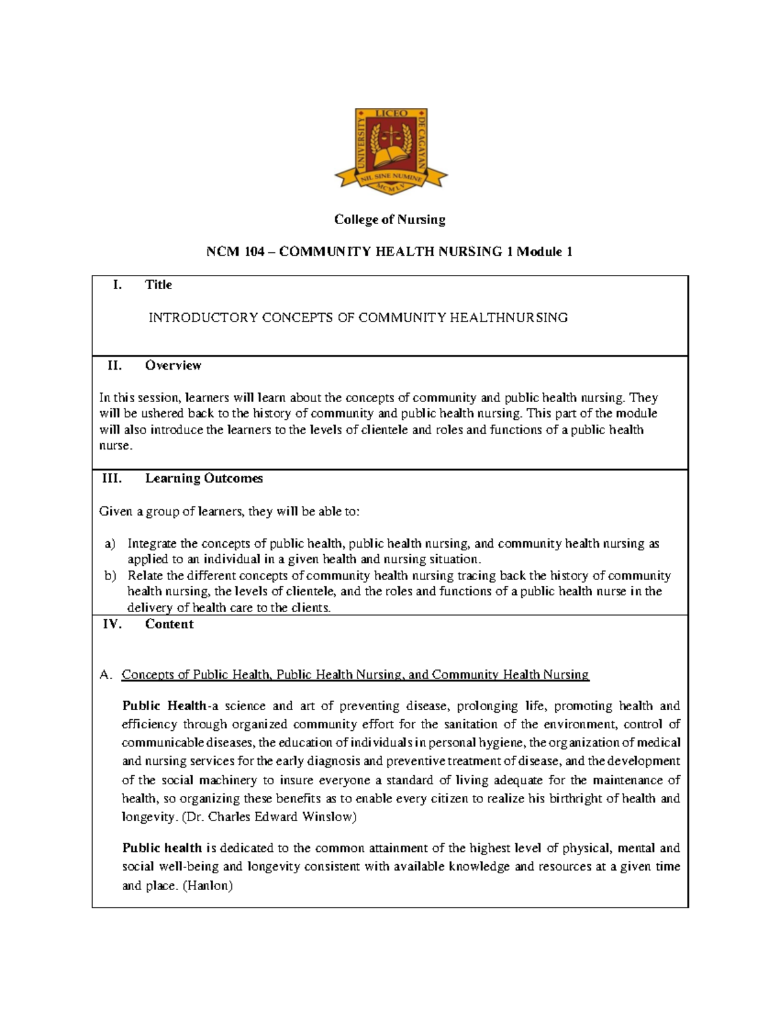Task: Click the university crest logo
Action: pos(391,150)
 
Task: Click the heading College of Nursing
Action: pos(389,220)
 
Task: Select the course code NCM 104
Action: pos(236,252)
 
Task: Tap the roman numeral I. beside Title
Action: pos(117,285)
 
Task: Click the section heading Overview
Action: pos(173,365)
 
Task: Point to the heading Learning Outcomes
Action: pos(203,478)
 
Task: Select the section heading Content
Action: pos(169,624)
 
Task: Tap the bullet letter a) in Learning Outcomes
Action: pos(110,544)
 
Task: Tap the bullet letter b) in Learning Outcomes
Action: pos(110,576)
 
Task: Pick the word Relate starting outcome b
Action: pos(145,576)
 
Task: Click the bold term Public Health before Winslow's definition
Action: pos(164,706)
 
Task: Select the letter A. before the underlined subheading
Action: pos(106,674)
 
